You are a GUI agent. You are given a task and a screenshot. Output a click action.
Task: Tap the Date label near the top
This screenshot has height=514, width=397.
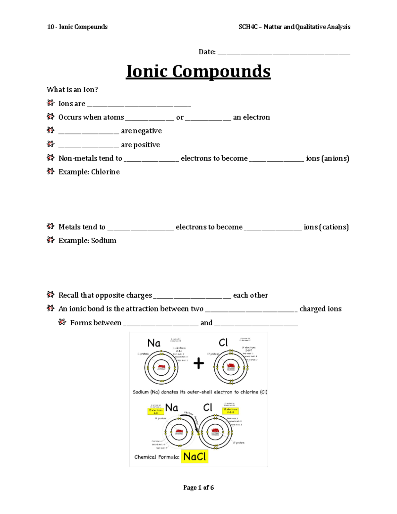207,52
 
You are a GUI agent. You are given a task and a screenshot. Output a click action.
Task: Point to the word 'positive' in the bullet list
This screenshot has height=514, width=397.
146,145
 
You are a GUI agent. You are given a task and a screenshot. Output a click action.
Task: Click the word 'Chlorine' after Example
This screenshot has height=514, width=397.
105,172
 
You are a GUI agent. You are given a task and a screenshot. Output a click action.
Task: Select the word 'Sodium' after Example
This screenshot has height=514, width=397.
104,240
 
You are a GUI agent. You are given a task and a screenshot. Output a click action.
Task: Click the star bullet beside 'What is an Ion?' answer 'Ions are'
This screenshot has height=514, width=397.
50,103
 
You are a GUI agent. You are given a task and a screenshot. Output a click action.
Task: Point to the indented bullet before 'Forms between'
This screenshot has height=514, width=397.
62,322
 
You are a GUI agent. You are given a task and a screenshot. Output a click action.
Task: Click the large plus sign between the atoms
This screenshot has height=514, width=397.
198,364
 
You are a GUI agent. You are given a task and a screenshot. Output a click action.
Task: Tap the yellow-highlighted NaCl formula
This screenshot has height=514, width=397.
195,457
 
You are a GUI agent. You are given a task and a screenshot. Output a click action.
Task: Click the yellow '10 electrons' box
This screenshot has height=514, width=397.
155,411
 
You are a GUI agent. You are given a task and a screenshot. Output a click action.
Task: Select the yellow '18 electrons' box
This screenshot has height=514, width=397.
230,411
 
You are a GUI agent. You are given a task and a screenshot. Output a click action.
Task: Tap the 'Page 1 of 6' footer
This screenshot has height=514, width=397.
198,488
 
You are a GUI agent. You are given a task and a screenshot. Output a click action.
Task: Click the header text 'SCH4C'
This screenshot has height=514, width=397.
248,27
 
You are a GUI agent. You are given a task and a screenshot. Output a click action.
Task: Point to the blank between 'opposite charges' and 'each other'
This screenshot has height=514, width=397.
192,297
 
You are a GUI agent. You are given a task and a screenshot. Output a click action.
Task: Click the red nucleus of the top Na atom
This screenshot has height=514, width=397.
161,367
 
